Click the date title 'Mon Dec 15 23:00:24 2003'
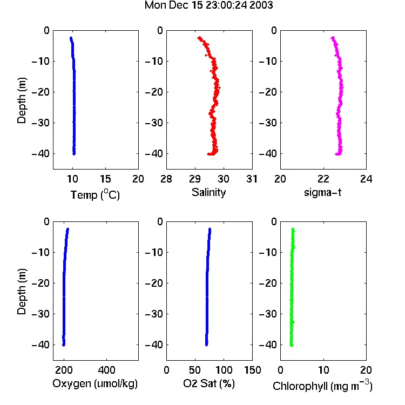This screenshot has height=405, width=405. (208, 5)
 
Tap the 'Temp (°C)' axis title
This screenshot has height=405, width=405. (95, 194)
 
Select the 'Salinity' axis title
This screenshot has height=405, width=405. (208, 192)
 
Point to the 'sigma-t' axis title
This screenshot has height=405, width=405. (322, 192)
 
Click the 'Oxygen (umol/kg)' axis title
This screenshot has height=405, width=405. (95, 383)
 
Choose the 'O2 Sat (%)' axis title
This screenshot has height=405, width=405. (209, 383)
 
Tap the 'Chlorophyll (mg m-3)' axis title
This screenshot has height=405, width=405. (322, 386)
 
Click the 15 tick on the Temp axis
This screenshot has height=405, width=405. (105, 179)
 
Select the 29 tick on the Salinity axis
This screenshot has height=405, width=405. (195, 179)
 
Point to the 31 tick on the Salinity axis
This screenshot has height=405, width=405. (252, 179)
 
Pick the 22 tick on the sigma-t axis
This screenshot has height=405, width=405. (323, 179)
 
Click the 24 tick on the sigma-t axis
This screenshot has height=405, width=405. (366, 179)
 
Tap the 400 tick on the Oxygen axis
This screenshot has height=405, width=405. (107, 370)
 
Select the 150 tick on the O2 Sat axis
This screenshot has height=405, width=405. (252, 370)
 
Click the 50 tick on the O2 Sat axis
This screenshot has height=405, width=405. (195, 370)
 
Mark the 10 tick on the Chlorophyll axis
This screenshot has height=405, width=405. (323, 370)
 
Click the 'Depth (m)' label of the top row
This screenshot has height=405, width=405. (22, 100)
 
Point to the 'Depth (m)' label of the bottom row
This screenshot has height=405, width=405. (22, 292)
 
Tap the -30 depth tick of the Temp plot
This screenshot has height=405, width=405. (40, 123)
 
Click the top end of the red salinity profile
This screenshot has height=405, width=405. (199, 38)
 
